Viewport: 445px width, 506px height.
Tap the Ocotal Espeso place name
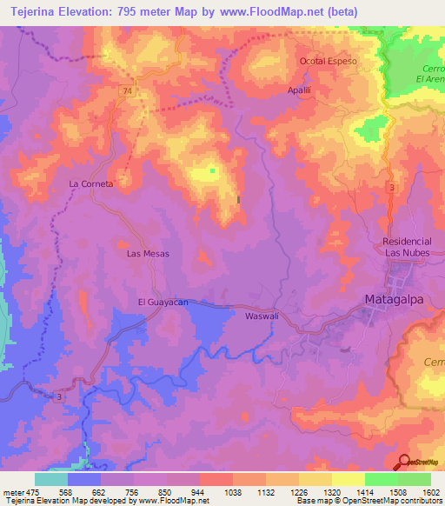(x=329, y=62)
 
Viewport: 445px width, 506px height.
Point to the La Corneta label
(x=91, y=184)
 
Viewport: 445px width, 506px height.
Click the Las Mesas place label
(x=148, y=253)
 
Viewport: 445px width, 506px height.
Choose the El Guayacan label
(x=163, y=302)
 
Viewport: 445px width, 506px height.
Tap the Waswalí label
(x=262, y=316)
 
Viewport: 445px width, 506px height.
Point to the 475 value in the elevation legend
(x=31, y=491)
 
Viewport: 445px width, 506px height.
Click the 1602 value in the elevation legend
(x=430, y=491)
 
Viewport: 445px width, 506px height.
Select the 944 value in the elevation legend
(x=199, y=491)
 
